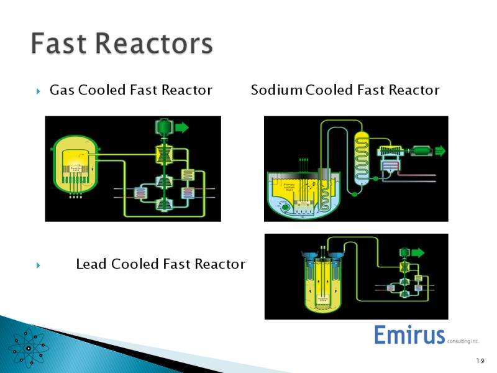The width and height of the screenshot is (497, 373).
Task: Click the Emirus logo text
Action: [x=409, y=335]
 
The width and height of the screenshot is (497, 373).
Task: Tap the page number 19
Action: [x=480, y=361]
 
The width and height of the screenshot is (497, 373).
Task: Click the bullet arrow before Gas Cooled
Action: [x=39, y=91]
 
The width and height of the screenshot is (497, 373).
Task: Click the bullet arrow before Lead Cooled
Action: [x=39, y=265]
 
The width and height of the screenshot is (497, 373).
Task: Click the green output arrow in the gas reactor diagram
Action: [x=181, y=127]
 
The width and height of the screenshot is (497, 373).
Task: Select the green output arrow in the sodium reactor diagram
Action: [x=440, y=150]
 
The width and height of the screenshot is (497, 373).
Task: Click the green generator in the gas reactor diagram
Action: [x=163, y=127]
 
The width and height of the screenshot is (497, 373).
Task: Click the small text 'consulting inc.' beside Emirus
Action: [x=463, y=341]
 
